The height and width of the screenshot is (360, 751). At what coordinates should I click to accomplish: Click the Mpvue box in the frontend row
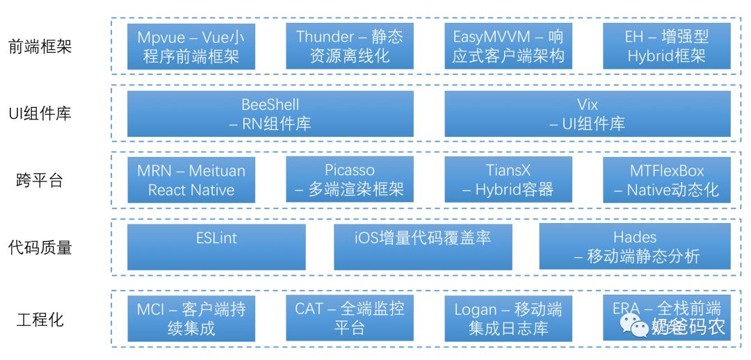point(191,47)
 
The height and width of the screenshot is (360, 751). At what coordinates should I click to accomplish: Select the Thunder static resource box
point(350,47)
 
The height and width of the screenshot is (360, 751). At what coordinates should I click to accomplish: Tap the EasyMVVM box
point(508,47)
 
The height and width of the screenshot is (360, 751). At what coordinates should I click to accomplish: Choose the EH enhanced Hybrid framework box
point(666,47)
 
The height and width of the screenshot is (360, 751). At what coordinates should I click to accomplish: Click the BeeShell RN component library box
point(270,114)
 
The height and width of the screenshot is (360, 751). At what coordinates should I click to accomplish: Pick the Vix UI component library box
point(588,114)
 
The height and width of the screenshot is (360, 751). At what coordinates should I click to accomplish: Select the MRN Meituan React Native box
point(191,180)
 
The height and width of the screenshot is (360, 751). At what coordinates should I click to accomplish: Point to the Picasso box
point(350,180)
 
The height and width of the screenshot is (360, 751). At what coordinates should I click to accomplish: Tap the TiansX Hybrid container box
point(508,180)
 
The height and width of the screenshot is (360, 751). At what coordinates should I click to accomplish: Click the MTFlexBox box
point(666,180)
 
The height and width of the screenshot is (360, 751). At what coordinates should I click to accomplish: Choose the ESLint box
point(216,247)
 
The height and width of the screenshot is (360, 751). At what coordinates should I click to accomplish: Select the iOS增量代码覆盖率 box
point(423,247)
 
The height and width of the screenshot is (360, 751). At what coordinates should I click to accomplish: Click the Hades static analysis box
point(635,247)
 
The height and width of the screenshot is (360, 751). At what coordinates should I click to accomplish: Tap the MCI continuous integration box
point(191,318)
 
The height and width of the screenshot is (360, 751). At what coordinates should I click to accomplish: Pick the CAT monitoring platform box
point(350,318)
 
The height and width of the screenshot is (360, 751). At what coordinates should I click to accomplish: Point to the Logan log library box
point(508,318)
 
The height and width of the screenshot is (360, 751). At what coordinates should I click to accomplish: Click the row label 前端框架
point(40,47)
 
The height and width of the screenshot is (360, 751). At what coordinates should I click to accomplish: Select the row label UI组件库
point(40,114)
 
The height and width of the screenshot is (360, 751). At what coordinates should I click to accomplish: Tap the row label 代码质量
point(40,247)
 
